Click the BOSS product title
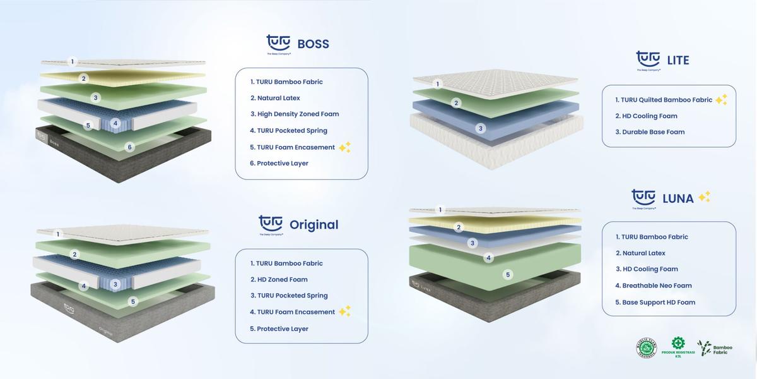[x=313, y=44]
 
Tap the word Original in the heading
[x=314, y=225]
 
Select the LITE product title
[x=678, y=61]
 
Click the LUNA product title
[x=678, y=198]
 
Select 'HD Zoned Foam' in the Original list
[x=282, y=280]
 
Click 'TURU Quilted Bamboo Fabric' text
[x=667, y=100]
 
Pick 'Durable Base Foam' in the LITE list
[x=653, y=132]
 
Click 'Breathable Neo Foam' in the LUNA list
[x=657, y=286]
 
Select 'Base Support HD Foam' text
[x=659, y=303]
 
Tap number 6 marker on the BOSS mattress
[x=130, y=147]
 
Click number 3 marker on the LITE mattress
[x=481, y=129]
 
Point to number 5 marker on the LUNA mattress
[x=508, y=275]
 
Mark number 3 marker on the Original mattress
[x=115, y=285]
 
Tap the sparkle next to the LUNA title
[x=705, y=196]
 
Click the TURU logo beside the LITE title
[x=648, y=59]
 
